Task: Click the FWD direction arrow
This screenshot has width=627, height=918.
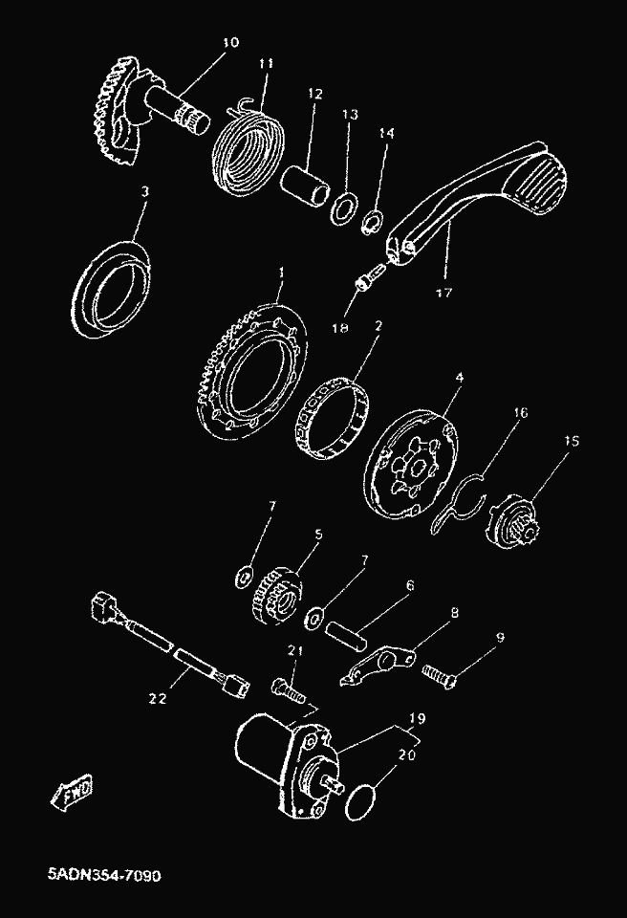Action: tap(72, 793)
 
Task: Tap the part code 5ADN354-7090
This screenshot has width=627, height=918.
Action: tap(104, 876)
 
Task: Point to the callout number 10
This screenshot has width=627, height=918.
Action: tap(230, 42)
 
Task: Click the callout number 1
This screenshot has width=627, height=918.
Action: tap(281, 273)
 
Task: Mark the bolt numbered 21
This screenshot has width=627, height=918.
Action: tap(288, 689)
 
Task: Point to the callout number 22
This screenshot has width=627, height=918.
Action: tap(158, 698)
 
